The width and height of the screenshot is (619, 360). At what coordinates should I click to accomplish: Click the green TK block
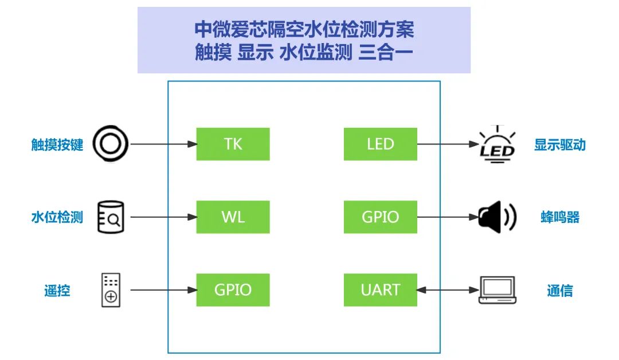(233, 144)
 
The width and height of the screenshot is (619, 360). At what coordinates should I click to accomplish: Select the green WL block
(233, 217)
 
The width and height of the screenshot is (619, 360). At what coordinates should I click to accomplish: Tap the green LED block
(380, 144)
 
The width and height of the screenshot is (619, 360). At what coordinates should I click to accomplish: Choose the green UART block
(380, 290)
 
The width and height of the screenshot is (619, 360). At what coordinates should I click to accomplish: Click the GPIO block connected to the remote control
(233, 290)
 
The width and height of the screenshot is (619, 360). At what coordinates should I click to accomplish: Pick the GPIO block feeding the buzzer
(380, 217)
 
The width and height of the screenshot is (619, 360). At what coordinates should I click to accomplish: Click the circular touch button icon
(111, 144)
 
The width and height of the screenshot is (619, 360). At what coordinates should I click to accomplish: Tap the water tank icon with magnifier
(111, 217)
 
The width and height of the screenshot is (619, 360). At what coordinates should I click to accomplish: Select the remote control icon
(111, 290)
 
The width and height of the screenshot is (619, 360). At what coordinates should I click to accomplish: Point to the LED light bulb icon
(496, 144)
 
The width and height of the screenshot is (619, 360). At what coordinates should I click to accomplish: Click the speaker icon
(497, 217)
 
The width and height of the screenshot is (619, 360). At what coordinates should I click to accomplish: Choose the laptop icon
(497, 290)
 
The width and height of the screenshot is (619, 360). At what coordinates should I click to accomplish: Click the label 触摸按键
(57, 144)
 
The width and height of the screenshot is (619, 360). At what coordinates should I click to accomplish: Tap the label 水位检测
(57, 217)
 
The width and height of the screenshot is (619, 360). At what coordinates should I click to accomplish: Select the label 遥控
(57, 291)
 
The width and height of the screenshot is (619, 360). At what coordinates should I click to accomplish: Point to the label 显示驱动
(559, 144)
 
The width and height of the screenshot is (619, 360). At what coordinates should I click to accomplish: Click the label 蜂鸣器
(559, 217)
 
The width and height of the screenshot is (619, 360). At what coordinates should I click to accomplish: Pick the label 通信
(559, 291)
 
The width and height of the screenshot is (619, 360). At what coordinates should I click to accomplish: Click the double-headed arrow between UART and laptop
(448, 290)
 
